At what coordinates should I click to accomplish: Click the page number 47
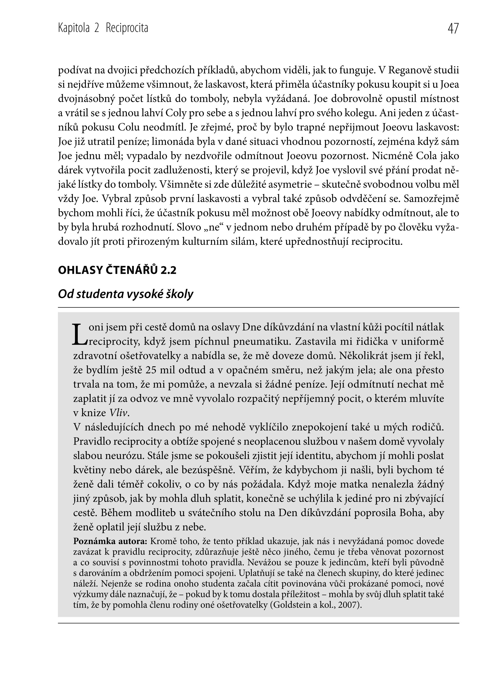[453, 29]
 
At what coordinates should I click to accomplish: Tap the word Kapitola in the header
[74, 29]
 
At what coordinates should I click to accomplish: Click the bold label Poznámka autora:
[110, 541]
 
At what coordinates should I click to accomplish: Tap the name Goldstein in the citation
[295, 605]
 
